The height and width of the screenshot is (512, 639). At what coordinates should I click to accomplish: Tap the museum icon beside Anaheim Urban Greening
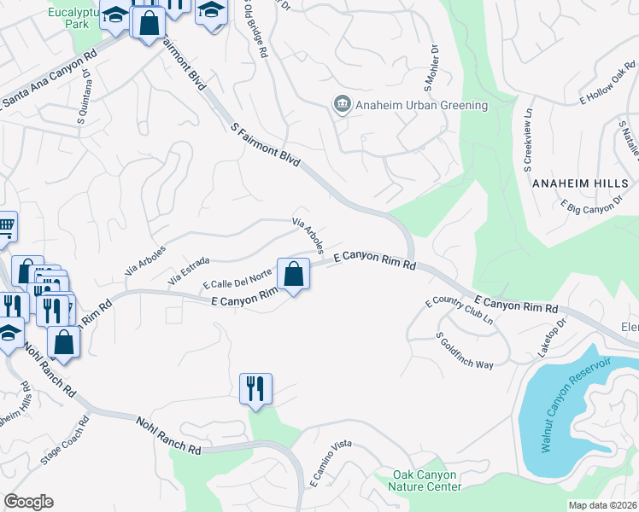343,104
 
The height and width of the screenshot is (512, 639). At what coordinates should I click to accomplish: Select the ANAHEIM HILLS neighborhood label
580,183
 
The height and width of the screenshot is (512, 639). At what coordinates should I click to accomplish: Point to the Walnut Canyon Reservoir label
572,407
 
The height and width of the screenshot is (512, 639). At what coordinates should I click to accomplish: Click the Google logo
28,502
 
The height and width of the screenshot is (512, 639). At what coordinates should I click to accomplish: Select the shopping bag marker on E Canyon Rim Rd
293,275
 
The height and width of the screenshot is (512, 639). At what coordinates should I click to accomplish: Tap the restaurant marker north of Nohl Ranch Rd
255,389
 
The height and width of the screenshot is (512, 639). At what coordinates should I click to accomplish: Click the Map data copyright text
603,504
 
